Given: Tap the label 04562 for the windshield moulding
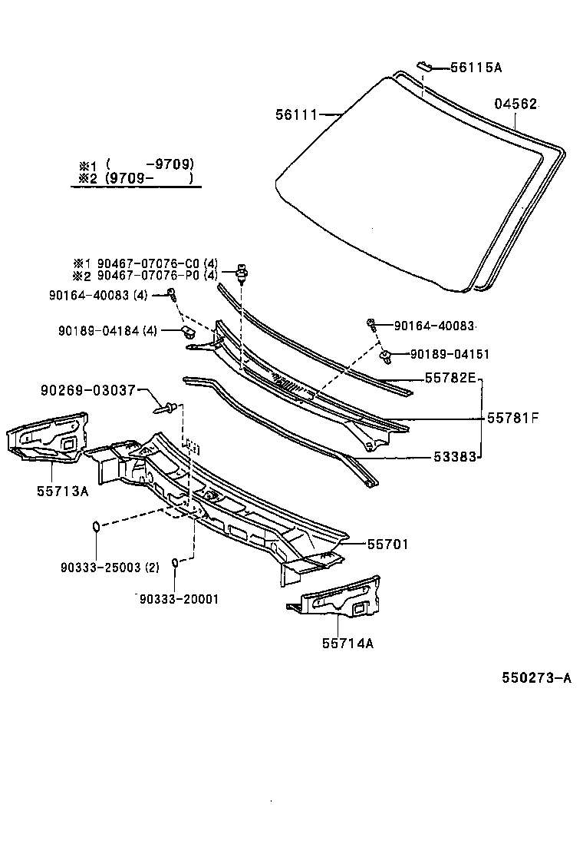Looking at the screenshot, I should [x=515, y=104].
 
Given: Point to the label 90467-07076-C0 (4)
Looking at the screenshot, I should [x=157, y=263].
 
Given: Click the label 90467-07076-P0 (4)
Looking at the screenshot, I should [x=157, y=276].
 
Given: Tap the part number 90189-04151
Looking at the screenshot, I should [x=450, y=354].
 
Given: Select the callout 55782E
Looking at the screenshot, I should [x=450, y=378].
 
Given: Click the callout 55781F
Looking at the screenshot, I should [x=513, y=418].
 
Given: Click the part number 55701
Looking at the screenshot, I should [x=387, y=544].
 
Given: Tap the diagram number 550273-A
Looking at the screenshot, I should [x=537, y=677].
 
